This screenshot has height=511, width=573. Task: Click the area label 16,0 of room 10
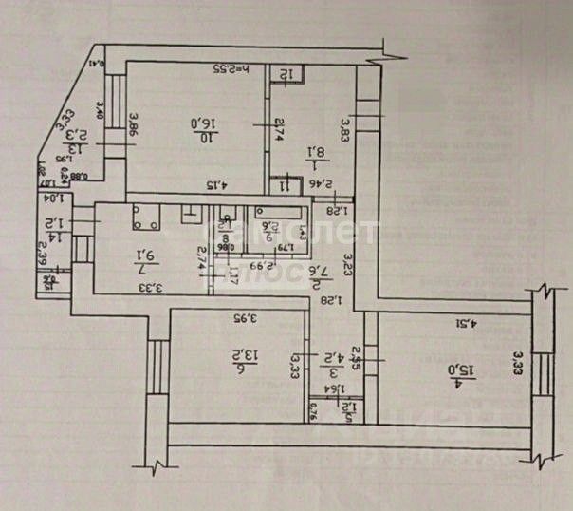coord(207,124)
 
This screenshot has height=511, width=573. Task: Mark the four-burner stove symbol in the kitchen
coord(145,220)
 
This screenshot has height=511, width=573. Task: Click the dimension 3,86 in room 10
coord(133,125)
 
